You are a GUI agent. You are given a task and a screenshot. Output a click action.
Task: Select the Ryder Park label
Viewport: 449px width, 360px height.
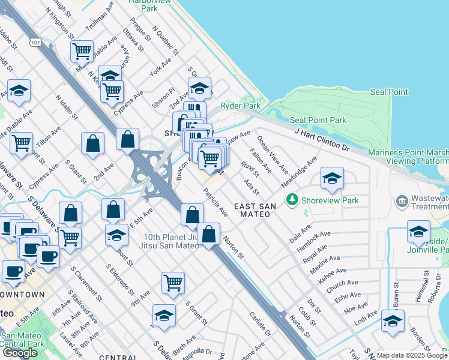pyautogui.click(x=240, y=106)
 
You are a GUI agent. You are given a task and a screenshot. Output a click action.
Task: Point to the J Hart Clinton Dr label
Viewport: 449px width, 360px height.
pyautogui.click(x=321, y=138)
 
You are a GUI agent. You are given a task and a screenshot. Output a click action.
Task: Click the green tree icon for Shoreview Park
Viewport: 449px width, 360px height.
pyautogui.click(x=292, y=199)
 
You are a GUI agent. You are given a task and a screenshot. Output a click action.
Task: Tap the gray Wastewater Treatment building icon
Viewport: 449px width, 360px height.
pyautogui.click(x=402, y=200)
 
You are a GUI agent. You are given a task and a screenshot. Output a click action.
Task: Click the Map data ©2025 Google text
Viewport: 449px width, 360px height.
pyautogui.click(x=412, y=355)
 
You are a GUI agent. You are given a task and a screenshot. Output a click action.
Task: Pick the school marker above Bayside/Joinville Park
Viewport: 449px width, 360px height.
pyautogui.click(x=418, y=231)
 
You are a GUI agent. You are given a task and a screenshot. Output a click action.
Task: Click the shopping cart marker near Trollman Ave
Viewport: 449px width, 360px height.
pyautogui.click(x=82, y=51)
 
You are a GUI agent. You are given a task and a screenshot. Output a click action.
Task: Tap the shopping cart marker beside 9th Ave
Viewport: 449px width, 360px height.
pyautogui.click(x=173, y=282)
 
